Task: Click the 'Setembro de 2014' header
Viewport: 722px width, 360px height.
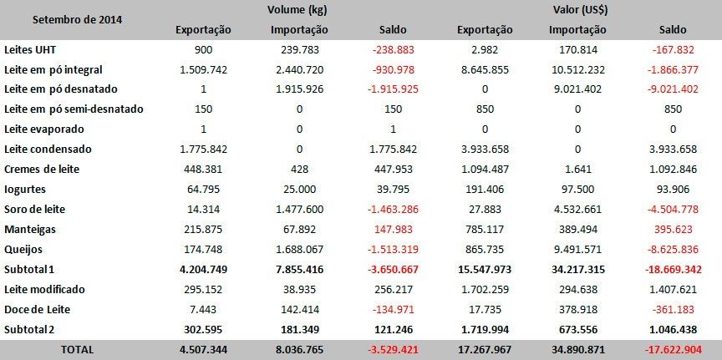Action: point(62,19)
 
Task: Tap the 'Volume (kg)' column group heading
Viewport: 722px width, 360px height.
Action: point(299,9)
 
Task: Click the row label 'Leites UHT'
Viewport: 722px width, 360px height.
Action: point(28,49)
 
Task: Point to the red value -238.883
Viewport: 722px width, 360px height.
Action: point(393,49)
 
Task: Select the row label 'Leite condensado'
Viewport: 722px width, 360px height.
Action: point(48,149)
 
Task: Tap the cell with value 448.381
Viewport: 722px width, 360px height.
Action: point(205,169)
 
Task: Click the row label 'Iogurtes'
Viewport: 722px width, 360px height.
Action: point(26,189)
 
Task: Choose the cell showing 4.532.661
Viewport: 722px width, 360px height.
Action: point(578,209)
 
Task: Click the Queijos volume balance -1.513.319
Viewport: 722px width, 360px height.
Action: point(393,249)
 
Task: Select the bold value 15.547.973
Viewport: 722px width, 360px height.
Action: point(485,269)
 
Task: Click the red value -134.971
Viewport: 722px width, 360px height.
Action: point(393,309)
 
